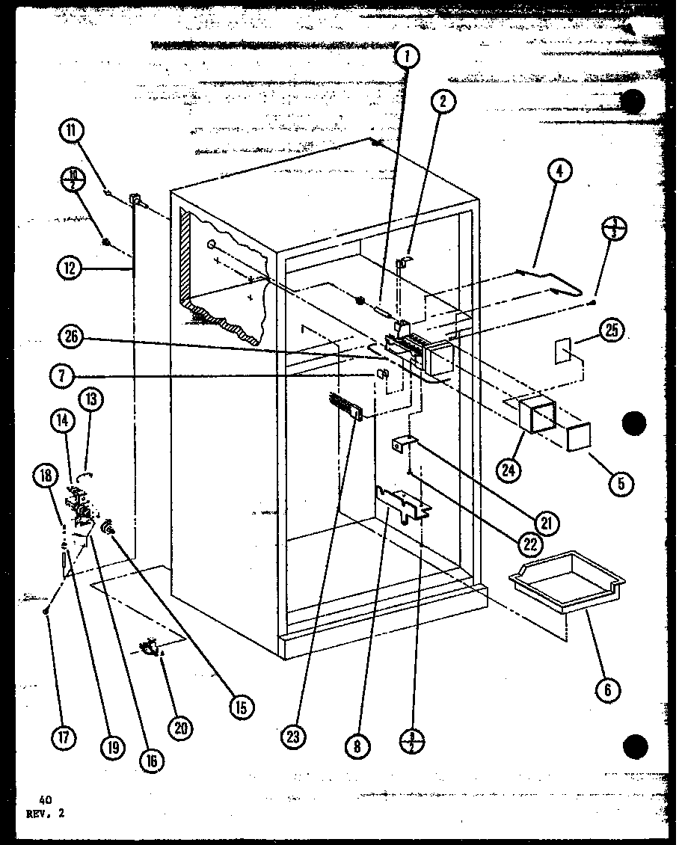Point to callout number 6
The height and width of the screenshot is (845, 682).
606,689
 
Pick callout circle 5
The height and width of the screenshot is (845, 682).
621,483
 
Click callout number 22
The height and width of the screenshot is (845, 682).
530,544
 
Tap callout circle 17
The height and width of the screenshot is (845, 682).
64,737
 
